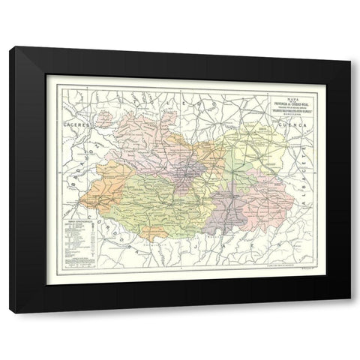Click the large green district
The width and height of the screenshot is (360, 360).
pos(150,199)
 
